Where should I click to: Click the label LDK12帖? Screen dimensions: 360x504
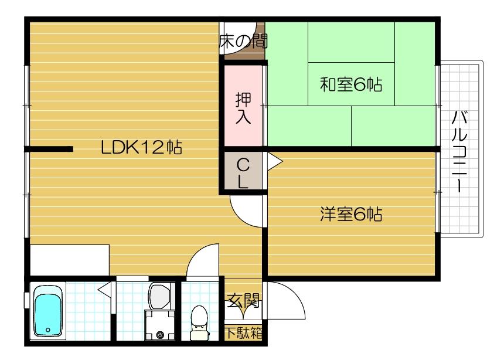pos(141,148)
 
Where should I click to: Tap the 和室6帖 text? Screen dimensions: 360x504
pos(350,84)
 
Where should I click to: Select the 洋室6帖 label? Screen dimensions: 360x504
pos(350,215)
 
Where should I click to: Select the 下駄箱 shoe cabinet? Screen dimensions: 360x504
pos(243,333)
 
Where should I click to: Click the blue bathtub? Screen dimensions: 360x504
pos(48,311)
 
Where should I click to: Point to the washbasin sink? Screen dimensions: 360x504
pos(159,296)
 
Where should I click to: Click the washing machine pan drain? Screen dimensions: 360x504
pos(160,335)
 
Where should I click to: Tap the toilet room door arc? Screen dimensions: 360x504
pos(203,261)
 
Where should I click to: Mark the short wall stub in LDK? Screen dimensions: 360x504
pos(49,149)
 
